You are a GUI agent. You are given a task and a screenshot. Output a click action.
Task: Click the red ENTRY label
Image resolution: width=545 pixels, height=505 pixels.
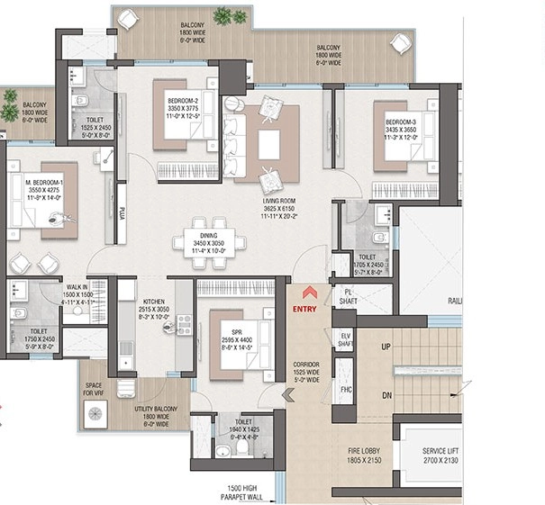tap(305, 310)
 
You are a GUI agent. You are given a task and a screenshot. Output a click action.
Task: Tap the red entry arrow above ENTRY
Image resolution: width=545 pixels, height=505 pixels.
tap(309, 292)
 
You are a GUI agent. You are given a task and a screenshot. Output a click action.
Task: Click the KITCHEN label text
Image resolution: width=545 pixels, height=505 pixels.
tap(151, 302)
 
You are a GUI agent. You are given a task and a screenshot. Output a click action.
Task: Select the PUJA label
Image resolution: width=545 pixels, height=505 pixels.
tap(121, 213)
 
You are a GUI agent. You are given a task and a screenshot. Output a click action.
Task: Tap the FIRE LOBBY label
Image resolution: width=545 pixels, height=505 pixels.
tap(364, 454)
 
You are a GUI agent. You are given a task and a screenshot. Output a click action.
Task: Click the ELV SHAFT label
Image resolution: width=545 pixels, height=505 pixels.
tap(344, 340)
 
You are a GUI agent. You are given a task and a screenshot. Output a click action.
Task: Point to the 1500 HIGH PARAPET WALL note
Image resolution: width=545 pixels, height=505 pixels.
tap(245, 491)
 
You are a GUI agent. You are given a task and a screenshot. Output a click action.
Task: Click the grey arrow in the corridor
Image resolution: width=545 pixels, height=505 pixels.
tap(288, 393)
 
